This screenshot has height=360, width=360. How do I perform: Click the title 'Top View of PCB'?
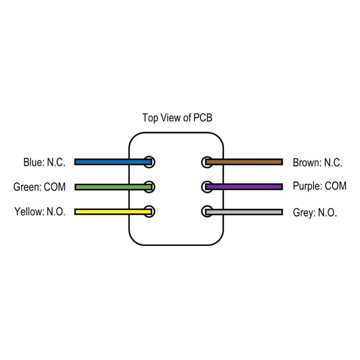point(177,118)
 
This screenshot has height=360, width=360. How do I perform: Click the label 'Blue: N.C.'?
point(44,163)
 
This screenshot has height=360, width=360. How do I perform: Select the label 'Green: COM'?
point(39,187)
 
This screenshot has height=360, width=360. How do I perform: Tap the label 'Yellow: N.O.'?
point(40,212)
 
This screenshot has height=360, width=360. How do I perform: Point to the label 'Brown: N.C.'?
point(317,163)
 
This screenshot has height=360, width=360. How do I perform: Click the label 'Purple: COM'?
point(319,186)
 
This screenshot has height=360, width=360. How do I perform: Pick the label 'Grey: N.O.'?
point(315,213)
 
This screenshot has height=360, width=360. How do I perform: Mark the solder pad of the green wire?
point(150,186)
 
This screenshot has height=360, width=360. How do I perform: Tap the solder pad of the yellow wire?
point(150,211)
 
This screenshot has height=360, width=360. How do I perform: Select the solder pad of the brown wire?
point(206,162)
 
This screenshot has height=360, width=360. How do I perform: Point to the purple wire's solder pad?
point(206,187)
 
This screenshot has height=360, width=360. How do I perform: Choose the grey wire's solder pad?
point(206,211)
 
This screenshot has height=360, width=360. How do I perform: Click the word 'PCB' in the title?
point(202,118)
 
